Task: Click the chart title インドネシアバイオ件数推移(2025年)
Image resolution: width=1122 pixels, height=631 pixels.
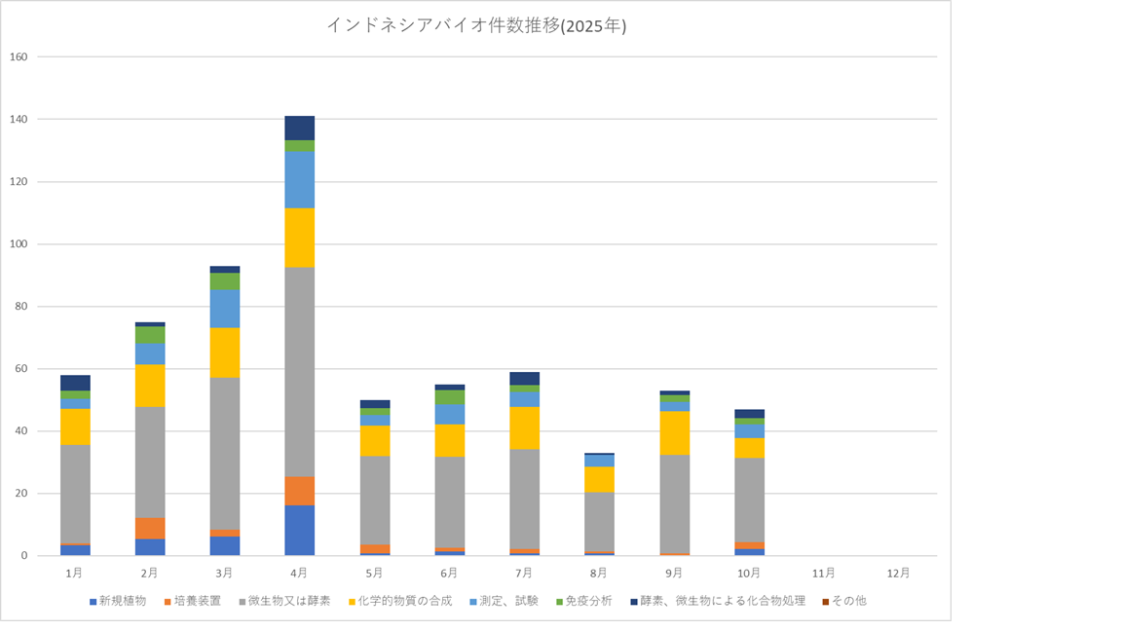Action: (475, 26)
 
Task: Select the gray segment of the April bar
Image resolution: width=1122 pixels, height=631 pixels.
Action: (299, 371)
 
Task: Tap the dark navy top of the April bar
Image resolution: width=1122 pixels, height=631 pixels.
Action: (299, 128)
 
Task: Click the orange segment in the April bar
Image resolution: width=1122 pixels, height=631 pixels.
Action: (299, 491)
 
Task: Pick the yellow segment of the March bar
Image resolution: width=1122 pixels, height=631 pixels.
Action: (224, 353)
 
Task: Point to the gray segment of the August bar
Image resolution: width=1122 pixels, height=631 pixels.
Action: (600, 522)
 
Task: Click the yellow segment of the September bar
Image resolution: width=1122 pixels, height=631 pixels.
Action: (675, 433)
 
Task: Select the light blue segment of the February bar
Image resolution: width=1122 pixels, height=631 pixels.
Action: (149, 353)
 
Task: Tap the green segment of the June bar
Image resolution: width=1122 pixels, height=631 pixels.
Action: (450, 397)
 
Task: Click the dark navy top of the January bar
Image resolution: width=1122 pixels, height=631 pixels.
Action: (75, 383)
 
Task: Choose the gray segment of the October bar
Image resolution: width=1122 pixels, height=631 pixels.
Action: (750, 500)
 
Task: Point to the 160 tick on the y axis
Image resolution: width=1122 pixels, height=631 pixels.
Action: (18, 56)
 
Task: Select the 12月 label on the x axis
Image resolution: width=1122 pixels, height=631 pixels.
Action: (900, 572)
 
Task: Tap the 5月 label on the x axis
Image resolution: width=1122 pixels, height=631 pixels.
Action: (375, 572)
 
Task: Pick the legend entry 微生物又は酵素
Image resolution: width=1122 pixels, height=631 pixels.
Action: (288, 601)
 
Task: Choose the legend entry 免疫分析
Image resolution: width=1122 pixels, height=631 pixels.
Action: (585, 601)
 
